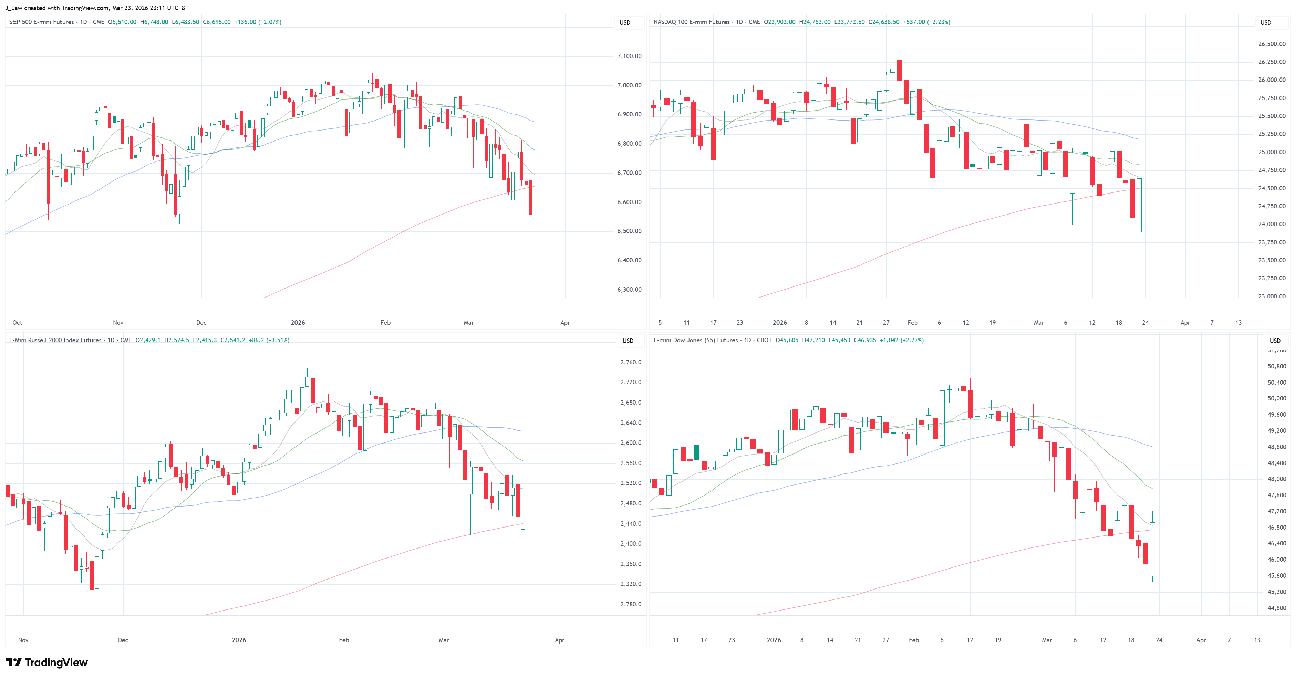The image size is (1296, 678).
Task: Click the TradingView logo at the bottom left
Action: click(47, 663)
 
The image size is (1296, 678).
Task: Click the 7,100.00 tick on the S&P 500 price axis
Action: click(629, 56)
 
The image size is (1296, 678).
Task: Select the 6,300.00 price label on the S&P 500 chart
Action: click(629, 290)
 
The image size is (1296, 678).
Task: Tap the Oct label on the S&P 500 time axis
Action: click(17, 322)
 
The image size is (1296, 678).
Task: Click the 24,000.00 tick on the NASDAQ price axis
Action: click(1271, 224)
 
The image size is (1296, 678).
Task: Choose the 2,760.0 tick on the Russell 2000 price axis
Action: click(630, 362)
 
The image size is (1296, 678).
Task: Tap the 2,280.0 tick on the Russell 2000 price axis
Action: click(630, 604)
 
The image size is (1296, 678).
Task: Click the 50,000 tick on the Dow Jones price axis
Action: click(1276, 398)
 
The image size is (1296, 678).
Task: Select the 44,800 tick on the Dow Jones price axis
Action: click(1276, 608)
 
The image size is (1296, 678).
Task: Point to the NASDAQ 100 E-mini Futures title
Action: click(691, 22)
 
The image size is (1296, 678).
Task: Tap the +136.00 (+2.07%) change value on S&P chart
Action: click(258, 22)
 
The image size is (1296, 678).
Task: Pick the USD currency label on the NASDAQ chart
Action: click(1265, 23)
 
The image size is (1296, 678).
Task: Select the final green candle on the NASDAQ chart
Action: click(1139, 205)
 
